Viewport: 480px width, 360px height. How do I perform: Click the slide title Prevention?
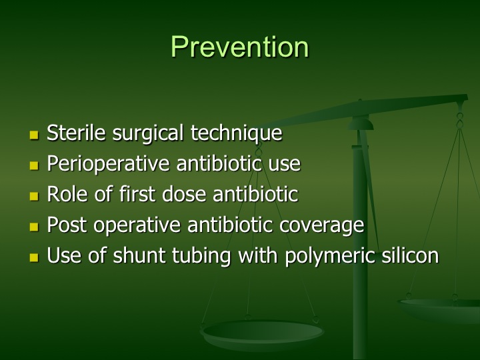pos(240,47)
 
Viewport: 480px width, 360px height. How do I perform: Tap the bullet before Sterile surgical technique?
pos(34,135)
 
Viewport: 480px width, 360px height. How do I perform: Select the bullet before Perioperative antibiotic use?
pos(34,165)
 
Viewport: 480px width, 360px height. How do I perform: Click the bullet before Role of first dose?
pos(34,196)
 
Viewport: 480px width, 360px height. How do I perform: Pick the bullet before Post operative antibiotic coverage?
pos(34,227)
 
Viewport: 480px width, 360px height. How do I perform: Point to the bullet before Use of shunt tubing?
pos(34,257)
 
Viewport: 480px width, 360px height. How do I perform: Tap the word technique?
pos(236,134)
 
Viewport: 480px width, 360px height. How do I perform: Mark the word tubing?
pos(201,257)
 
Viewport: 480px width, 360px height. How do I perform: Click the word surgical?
pos(148,134)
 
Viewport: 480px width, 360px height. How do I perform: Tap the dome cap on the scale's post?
pos(361,123)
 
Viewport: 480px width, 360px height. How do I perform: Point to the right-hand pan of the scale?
pos(439,310)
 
